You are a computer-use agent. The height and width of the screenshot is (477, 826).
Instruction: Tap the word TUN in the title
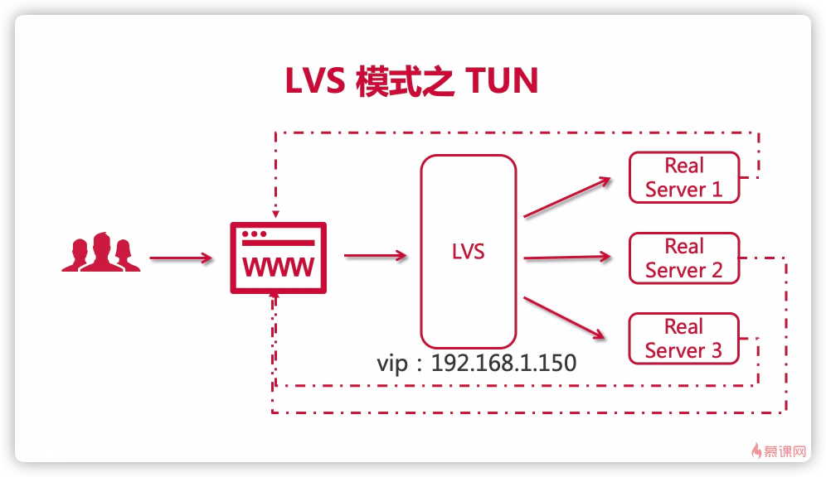(503, 82)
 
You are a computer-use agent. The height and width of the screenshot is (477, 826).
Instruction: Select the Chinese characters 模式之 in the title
(406, 82)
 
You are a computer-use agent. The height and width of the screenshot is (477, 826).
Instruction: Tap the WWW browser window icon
(278, 258)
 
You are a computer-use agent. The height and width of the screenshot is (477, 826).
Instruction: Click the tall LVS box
(469, 251)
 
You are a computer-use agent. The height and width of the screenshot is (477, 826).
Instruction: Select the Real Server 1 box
(684, 177)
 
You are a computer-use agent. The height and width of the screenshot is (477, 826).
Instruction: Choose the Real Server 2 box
(684, 258)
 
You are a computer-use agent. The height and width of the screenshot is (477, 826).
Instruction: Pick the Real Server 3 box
(684, 339)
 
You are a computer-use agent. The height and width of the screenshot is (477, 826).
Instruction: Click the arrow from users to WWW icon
(181, 258)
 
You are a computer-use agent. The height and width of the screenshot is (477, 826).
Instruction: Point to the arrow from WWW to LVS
(375, 256)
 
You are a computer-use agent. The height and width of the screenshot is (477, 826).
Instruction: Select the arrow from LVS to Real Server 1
(566, 197)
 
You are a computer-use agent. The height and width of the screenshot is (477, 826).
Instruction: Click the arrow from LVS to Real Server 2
(568, 257)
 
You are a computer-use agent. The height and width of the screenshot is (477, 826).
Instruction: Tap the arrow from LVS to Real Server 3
(563, 316)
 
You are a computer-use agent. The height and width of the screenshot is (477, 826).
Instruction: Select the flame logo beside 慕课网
(756, 451)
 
